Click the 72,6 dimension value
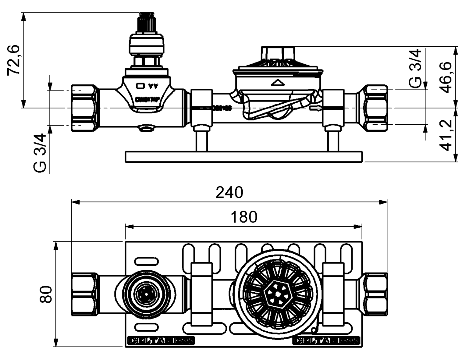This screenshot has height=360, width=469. point(14,60)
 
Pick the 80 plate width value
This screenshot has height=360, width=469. point(46,294)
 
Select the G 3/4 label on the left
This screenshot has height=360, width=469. point(40,153)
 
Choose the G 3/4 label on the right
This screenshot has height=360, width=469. point(415,69)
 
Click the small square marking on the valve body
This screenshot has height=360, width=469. point(140,86)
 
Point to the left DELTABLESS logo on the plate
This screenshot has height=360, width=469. point(160,340)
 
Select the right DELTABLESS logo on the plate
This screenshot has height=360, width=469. point(326,340)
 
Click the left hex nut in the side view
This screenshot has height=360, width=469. point(83,108)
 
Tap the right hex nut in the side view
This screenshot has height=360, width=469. point(376,108)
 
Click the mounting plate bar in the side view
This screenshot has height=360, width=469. point(244,157)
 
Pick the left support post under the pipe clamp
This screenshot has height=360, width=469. point(201,141)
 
